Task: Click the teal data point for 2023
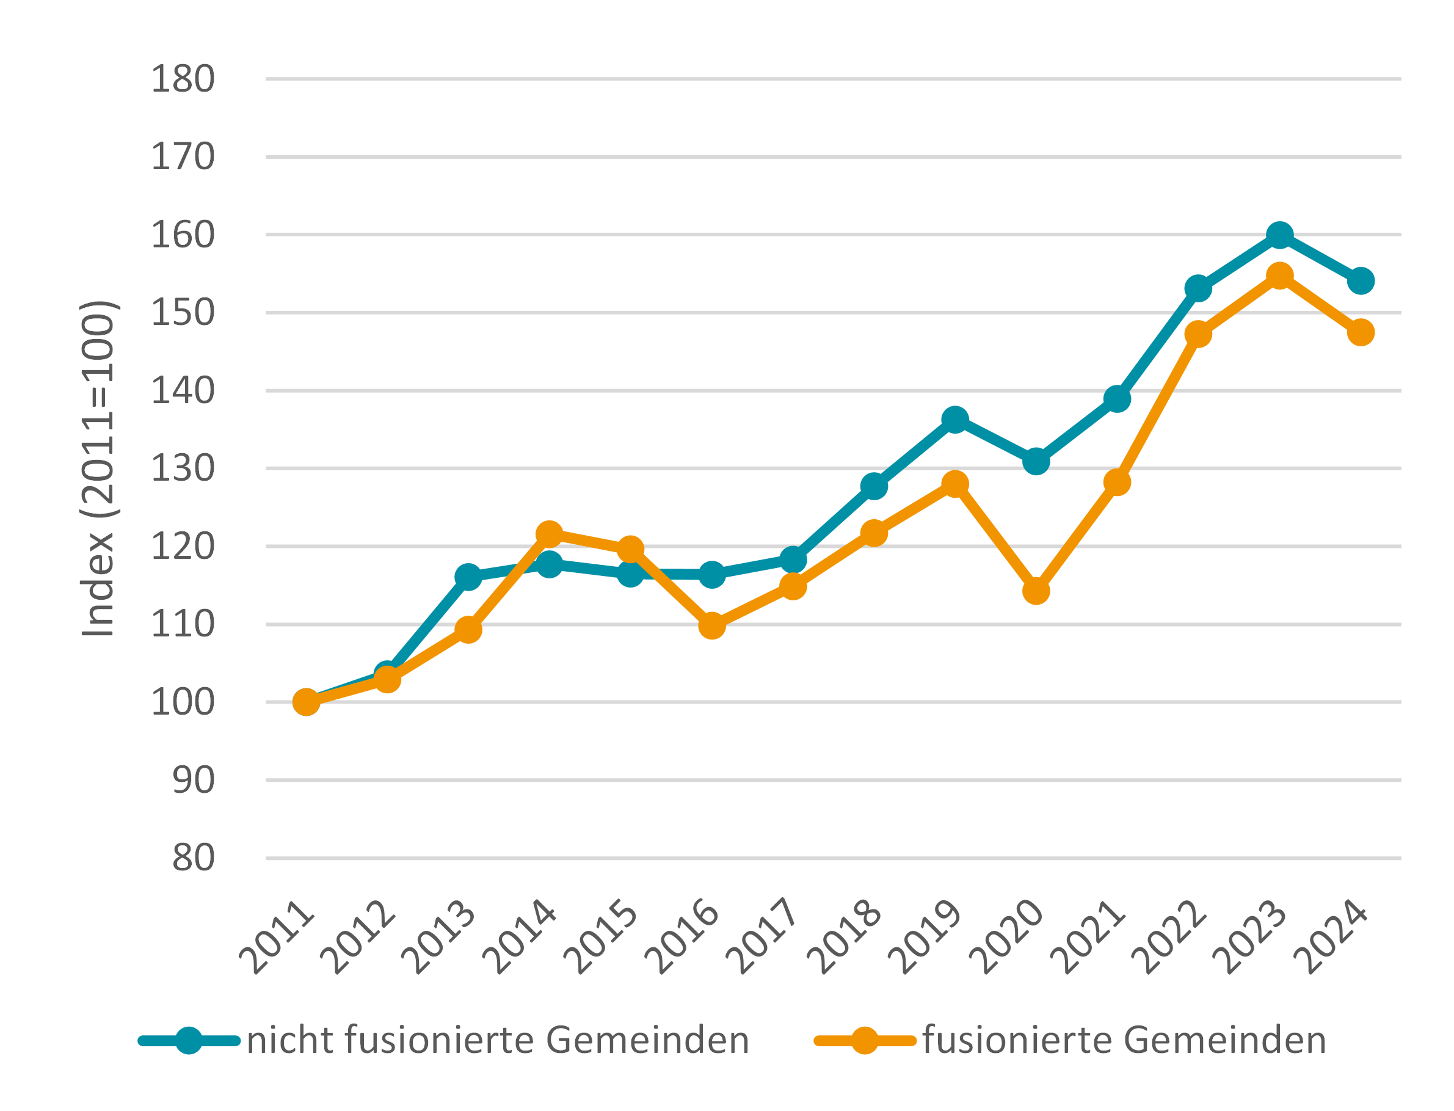tap(1279, 235)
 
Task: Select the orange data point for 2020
tap(1036, 591)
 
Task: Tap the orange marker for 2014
tap(550, 534)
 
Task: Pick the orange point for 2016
tap(711, 625)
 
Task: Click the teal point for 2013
tap(468, 577)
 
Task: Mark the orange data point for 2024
tap(1361, 333)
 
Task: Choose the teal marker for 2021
tap(1117, 399)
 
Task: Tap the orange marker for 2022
tap(1198, 334)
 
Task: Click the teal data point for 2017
tap(793, 560)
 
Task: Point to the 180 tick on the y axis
tap(183, 79)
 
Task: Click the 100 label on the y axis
tap(183, 702)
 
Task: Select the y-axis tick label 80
tap(193, 858)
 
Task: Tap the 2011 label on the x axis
tap(277, 937)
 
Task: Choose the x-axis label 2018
tap(845, 937)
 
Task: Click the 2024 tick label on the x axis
tap(1331, 937)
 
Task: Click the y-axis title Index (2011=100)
tap(98, 469)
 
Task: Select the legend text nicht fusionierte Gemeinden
tap(498, 1040)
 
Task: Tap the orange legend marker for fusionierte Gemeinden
tap(864, 1041)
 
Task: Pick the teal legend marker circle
tap(189, 1041)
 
